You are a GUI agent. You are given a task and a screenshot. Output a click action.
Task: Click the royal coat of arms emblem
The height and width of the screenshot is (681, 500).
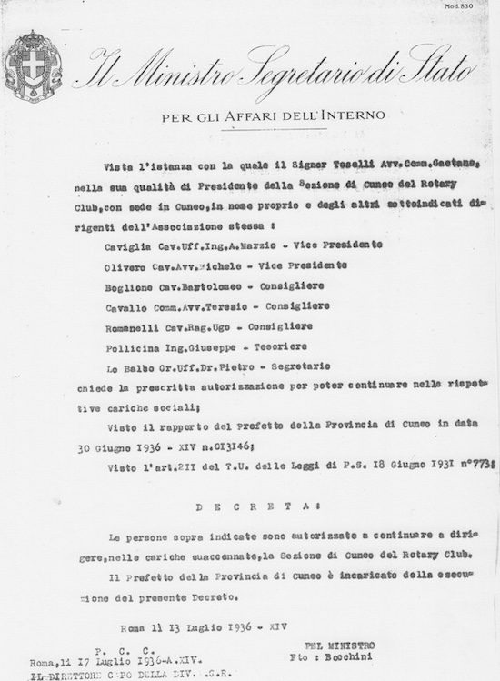pos(34,65)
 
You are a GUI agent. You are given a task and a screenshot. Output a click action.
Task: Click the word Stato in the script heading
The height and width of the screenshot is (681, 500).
pos(437,65)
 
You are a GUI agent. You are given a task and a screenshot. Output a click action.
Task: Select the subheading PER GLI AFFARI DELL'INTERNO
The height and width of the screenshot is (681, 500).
pos(273,115)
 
